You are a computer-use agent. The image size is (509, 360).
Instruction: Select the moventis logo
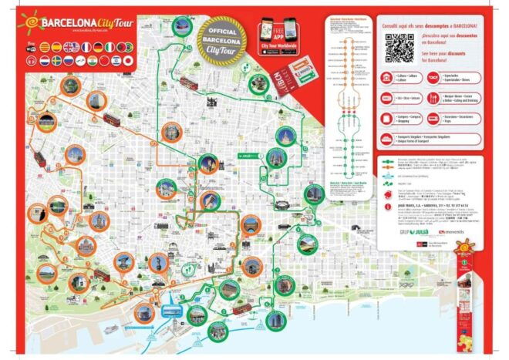click(451, 231)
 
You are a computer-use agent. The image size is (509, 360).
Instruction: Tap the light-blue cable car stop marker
click(170, 312)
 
